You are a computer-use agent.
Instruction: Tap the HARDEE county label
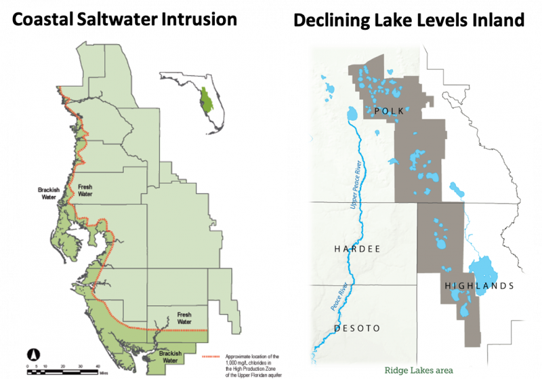click(x=356, y=250)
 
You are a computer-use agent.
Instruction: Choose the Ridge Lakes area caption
click(x=418, y=370)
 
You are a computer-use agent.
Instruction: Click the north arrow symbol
click(x=32, y=353)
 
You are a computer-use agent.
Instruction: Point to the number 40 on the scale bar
click(x=99, y=365)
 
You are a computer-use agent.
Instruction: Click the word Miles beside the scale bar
click(x=103, y=372)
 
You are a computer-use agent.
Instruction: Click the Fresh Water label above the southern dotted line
click(x=184, y=317)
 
